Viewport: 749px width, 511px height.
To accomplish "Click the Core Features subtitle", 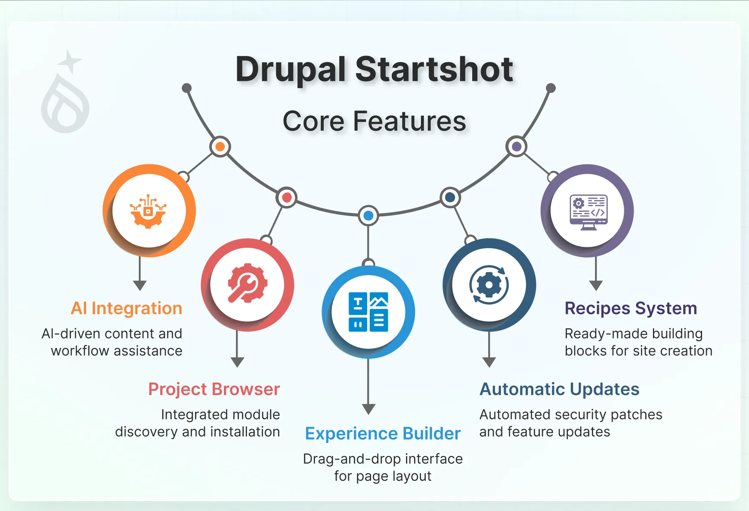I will pos(374,121).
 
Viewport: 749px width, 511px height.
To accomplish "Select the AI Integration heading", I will pos(126,308).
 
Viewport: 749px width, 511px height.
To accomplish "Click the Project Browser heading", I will pos(214,389).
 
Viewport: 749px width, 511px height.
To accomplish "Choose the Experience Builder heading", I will pos(383,434).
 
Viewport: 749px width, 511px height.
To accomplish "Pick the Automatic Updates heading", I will pos(559,389).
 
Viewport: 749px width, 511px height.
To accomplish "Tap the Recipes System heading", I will pos(631,308).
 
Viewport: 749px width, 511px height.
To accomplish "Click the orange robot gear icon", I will pos(149,211).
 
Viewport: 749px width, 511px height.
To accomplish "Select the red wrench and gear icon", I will pos(248,283).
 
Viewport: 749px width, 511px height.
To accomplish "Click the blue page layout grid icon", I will pos(368,312).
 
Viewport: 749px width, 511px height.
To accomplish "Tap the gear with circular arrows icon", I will pos(489,284).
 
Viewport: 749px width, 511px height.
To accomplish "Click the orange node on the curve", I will pos(220,147).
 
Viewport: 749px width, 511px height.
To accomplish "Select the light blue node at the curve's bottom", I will pos(368,215).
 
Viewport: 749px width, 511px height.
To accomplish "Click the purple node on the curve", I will pos(517,147).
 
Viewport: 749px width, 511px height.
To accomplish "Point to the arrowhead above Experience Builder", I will pos(368,409).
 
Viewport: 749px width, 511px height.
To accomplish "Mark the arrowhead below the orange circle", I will pos(139,285).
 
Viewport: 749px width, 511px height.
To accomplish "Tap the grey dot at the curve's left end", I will pos(186,88).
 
